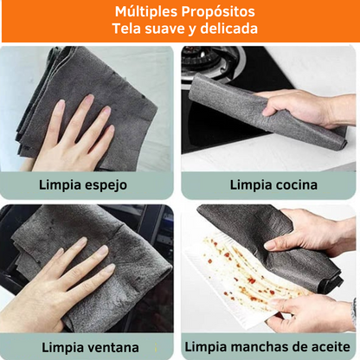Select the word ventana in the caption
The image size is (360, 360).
(109, 347)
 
